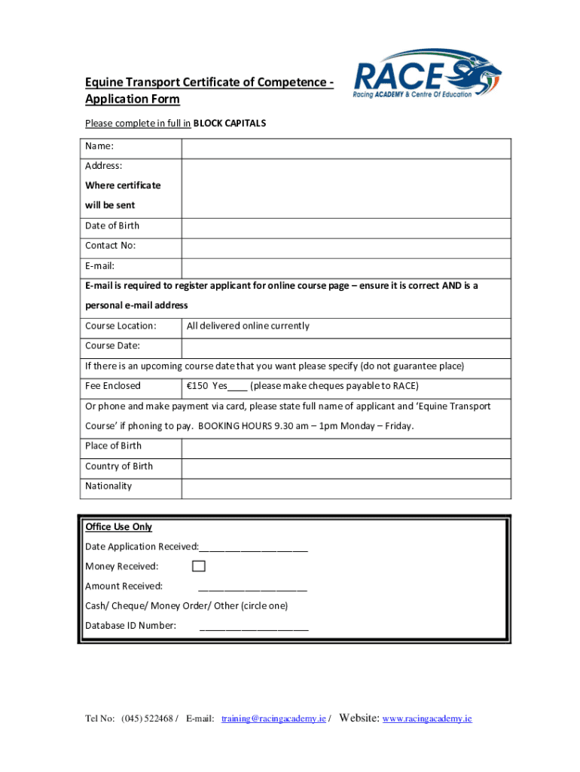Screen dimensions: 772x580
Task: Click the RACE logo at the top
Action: [426, 74]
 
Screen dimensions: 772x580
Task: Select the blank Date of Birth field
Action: [346, 226]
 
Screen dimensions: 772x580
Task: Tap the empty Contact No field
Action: [346, 246]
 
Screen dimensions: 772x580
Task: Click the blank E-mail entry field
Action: [346, 266]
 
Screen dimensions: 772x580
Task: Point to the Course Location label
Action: [121, 326]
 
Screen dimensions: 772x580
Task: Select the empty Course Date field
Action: [346, 346]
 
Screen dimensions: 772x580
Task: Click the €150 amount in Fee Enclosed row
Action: [197, 386]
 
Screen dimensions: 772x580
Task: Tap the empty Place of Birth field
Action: [346, 446]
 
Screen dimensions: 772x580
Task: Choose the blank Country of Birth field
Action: [346, 466]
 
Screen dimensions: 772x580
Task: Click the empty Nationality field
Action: [346, 486]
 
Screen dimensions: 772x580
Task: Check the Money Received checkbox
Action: [199, 566]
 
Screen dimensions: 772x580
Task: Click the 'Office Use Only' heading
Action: [118, 527]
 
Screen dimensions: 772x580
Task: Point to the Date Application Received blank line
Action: [253, 548]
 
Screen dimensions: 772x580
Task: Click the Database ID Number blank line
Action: [254, 626]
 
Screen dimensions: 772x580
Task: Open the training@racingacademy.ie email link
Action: [273, 719]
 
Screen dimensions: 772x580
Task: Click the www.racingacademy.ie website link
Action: [427, 719]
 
